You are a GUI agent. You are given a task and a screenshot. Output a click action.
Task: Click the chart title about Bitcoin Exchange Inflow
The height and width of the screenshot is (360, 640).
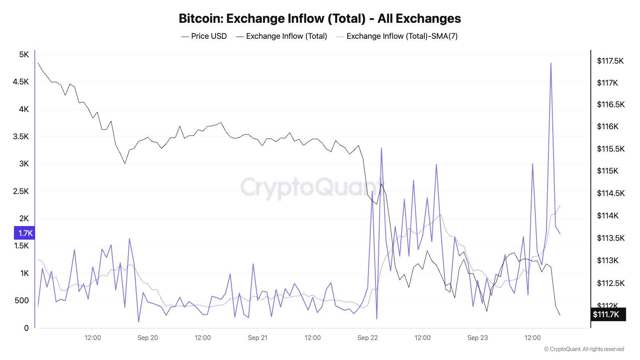click(x=320, y=18)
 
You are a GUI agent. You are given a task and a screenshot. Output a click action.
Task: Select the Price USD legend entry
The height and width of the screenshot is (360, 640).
click(x=204, y=36)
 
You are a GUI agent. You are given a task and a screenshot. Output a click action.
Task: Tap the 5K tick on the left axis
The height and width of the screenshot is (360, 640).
click(x=24, y=54)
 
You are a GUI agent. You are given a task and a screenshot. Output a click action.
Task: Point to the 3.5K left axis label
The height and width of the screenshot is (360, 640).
click(x=21, y=136)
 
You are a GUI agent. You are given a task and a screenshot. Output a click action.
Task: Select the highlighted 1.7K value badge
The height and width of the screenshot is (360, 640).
click(x=25, y=233)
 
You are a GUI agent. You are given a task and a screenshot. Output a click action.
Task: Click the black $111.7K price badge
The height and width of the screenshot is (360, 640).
click(x=608, y=314)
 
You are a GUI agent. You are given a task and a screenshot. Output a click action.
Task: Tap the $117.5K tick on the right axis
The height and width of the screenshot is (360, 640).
click(x=610, y=61)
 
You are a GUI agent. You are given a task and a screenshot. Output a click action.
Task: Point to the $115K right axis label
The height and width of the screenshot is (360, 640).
click(x=608, y=171)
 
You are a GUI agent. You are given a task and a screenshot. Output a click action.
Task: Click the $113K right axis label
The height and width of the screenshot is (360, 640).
click(x=608, y=260)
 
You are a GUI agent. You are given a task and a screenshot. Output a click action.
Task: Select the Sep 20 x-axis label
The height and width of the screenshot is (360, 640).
click(x=148, y=338)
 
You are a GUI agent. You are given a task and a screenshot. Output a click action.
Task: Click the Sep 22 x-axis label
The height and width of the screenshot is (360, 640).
click(x=368, y=338)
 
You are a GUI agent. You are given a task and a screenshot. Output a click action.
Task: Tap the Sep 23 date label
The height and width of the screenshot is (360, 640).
click(x=478, y=338)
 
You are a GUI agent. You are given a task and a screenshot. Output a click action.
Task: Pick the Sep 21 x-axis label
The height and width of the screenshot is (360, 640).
click(x=258, y=338)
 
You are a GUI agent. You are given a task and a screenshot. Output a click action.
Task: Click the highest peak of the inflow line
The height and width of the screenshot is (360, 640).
click(x=551, y=63)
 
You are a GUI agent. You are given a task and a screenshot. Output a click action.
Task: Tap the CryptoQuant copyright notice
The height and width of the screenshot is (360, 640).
click(x=584, y=349)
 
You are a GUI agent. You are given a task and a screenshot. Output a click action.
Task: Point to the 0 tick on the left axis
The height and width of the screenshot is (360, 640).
click(x=26, y=328)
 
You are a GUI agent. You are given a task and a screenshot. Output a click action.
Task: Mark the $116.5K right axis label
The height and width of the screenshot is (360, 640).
click(x=610, y=104)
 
